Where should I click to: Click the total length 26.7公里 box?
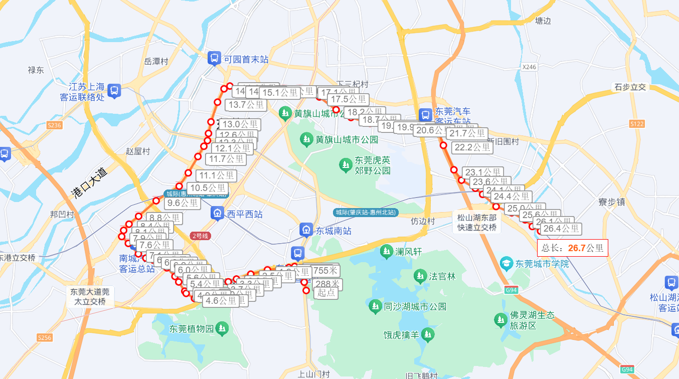coord(572,248)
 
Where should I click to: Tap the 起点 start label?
coord(326,293)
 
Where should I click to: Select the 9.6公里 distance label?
coord(183,203)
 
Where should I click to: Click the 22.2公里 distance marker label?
coord(472,147)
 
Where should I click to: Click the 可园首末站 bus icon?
coord(214,59)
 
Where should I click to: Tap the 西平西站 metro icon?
coord(218,214)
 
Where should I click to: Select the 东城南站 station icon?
coord(306,230)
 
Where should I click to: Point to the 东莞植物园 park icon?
coord(222,329)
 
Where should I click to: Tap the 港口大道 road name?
coord(89,183)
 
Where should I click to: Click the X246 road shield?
coord(529,67)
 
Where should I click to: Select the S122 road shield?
coord(636,123)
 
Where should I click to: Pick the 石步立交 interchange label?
coord(630,87)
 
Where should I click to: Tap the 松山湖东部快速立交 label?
coord(476,223)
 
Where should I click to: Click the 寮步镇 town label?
coord(612,202)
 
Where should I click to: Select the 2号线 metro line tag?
coord(201,236)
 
